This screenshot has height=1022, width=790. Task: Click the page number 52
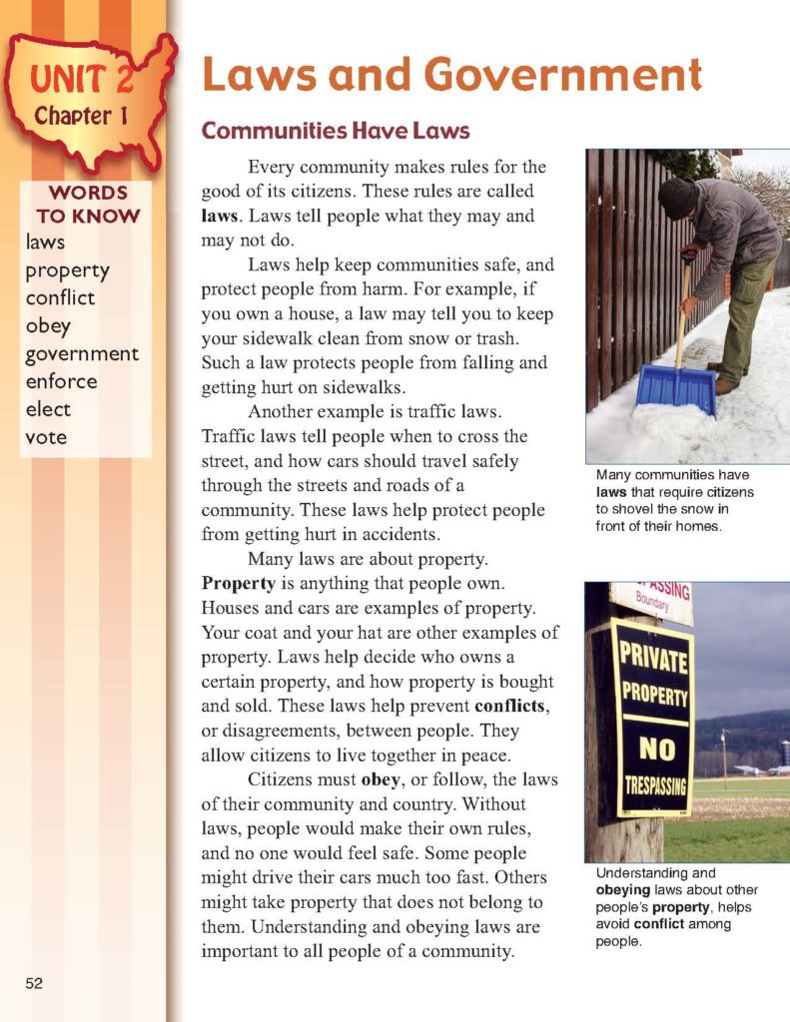[x=34, y=983]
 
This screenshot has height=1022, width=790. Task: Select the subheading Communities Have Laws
[x=336, y=131]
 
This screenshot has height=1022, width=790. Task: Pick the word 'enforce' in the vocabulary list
[x=61, y=381]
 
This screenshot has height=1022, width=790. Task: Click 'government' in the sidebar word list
[x=82, y=353]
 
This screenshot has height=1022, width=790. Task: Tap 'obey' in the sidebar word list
[x=48, y=325]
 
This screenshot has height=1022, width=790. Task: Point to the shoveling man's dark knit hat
[x=678, y=197]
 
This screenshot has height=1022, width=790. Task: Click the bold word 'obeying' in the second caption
[x=626, y=890]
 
